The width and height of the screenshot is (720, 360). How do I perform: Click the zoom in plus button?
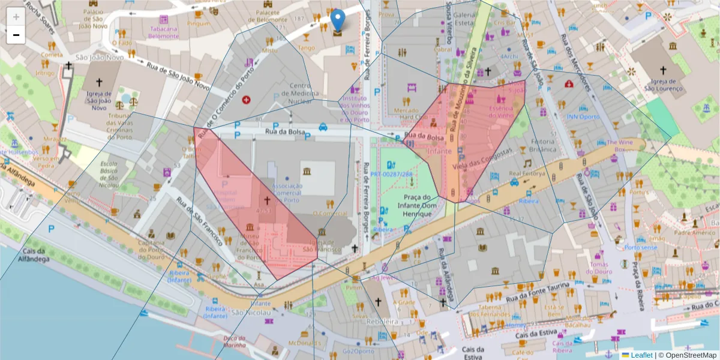16,16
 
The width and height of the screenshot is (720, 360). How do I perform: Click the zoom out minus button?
16,35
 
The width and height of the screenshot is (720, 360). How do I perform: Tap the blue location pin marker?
338,20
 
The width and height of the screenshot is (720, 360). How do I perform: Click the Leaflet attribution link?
641,355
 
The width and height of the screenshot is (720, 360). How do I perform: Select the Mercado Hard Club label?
410,113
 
